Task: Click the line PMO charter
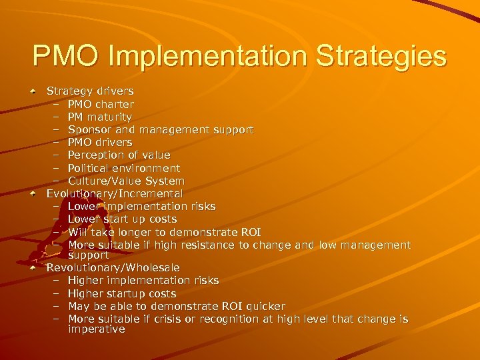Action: (101, 104)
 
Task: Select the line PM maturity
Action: (100, 117)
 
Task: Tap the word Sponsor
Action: (90, 129)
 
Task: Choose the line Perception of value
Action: (119, 155)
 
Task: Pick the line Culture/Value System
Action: (126, 181)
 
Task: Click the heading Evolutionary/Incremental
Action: (114, 193)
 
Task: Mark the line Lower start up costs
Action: (122, 219)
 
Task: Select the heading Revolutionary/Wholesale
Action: (113, 267)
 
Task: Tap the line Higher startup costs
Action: (122, 293)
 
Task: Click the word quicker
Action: (265, 306)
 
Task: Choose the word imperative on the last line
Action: (96, 329)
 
